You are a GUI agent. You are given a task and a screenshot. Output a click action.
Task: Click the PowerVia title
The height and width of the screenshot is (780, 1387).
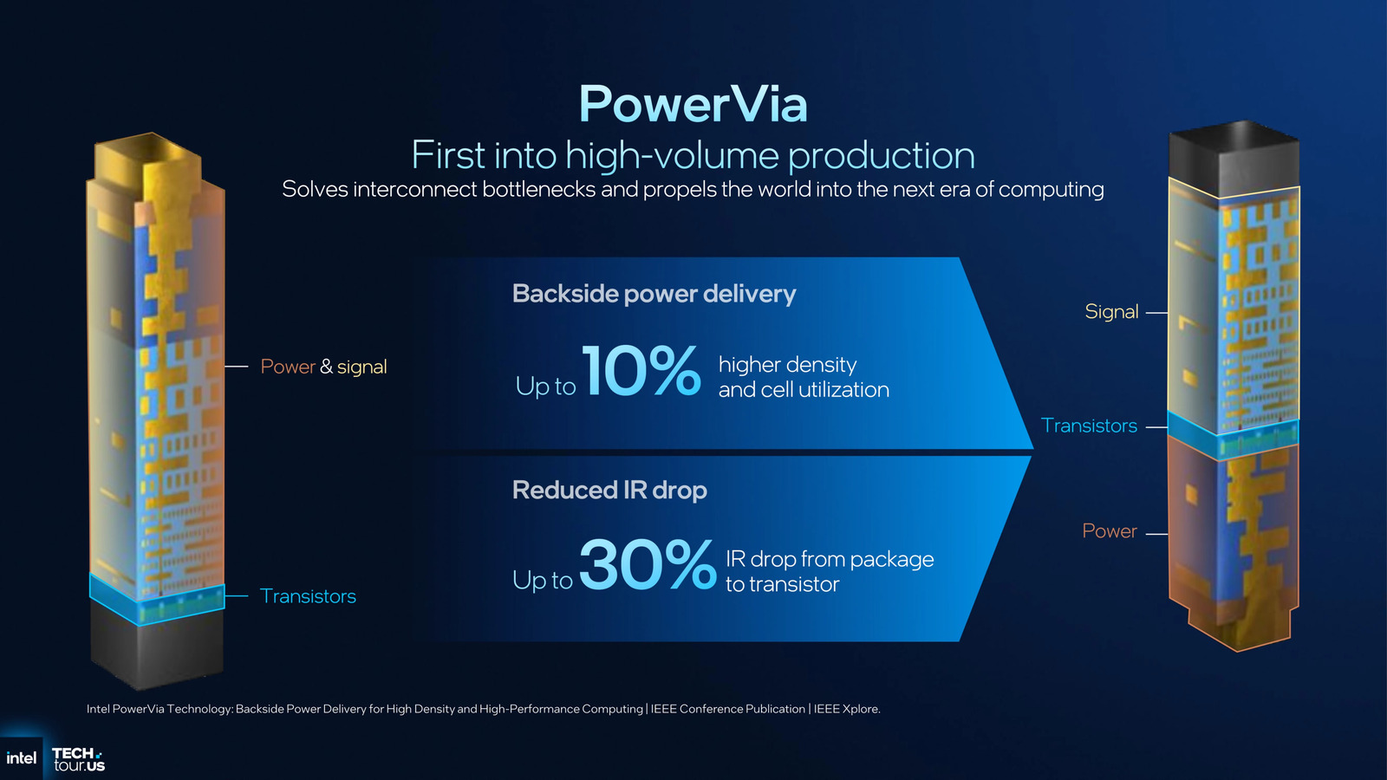(x=693, y=105)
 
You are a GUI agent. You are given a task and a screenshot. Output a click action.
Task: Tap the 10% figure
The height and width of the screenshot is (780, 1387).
(x=641, y=371)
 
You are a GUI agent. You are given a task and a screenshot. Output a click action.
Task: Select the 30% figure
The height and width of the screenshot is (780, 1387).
(x=647, y=564)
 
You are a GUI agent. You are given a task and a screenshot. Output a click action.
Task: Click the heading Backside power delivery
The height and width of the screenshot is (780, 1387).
(x=654, y=294)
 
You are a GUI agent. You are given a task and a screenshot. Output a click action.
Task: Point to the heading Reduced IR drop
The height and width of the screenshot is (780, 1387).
(x=609, y=491)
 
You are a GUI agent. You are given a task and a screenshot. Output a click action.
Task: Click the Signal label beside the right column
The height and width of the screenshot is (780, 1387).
(x=1111, y=312)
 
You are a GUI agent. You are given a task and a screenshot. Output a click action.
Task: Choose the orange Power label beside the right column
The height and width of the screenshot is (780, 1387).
(x=1109, y=531)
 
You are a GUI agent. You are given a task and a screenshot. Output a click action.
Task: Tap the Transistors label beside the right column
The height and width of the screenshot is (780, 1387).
(x=1089, y=426)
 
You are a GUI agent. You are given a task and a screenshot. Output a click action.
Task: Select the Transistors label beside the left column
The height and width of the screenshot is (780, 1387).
(x=308, y=596)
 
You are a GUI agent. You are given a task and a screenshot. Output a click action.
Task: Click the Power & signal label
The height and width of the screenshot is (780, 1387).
(x=323, y=367)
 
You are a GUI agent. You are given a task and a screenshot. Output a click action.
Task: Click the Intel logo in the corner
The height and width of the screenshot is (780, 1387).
(x=21, y=758)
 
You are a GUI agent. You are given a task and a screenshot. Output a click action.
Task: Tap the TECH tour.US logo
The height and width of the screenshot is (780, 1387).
(x=78, y=759)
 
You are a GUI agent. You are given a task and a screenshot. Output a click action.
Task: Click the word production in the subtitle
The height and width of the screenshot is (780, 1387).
(x=881, y=156)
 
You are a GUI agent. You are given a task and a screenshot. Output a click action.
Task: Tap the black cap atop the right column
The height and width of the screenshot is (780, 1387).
(x=1233, y=156)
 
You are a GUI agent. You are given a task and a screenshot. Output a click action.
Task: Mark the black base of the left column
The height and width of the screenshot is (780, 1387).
(x=157, y=650)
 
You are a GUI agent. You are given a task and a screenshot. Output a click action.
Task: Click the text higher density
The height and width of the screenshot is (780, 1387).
(x=787, y=365)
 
